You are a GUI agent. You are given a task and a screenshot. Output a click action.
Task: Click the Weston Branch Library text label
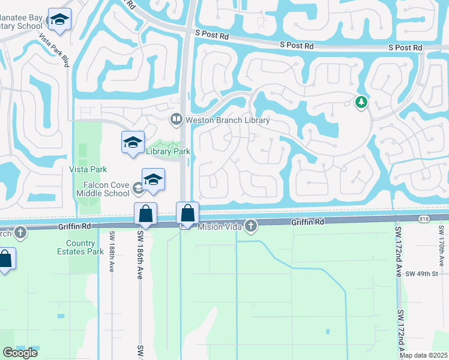(228, 120)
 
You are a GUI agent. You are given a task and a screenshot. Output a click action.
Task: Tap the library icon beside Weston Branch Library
(176, 119)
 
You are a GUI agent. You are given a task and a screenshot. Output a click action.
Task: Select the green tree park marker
(361, 103)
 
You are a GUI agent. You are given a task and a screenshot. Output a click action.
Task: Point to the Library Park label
(168, 152)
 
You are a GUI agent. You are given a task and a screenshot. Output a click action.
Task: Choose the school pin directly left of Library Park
(133, 143)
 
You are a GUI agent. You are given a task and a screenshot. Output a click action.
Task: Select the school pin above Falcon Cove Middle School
(153, 180)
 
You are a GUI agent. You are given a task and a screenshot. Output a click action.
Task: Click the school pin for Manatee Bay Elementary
(59, 20)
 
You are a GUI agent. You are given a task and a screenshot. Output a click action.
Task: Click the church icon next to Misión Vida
(251, 226)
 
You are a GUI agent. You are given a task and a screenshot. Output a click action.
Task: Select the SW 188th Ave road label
(112, 253)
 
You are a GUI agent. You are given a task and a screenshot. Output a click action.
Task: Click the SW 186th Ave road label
(139, 252)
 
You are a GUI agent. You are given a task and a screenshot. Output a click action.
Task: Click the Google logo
(20, 353)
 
